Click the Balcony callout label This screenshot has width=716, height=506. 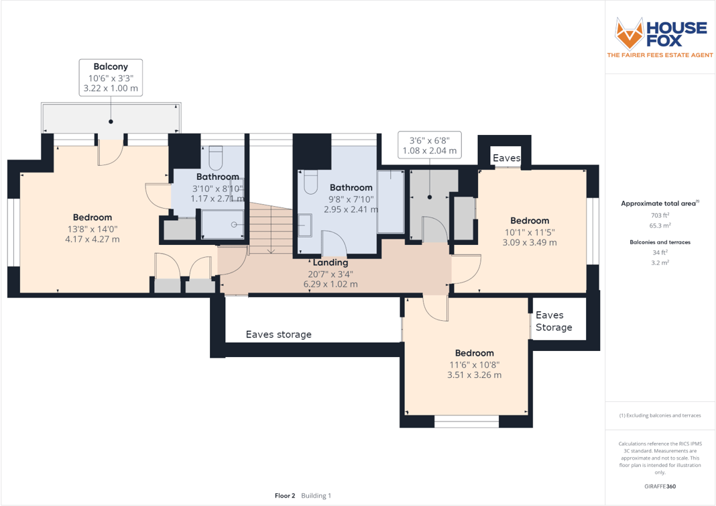pyautogui.click(x=111, y=66)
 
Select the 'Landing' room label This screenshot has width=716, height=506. pyautogui.click(x=329, y=262)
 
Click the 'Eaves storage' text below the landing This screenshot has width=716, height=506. pyautogui.click(x=278, y=334)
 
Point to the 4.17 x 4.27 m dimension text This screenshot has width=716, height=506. pyautogui.click(x=93, y=239)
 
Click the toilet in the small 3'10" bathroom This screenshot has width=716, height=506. pyautogui.click(x=215, y=158)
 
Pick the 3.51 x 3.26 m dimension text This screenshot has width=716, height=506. pyautogui.click(x=474, y=375)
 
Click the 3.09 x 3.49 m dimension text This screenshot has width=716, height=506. pyautogui.click(x=529, y=242)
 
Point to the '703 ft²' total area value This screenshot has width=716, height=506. pyautogui.click(x=659, y=215)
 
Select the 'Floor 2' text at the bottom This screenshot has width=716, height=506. pyautogui.click(x=284, y=496)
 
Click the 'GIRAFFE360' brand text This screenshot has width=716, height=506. pyautogui.click(x=659, y=485)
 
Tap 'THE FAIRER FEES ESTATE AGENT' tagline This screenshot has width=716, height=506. pyautogui.click(x=660, y=55)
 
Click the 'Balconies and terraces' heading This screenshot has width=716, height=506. pyautogui.click(x=660, y=242)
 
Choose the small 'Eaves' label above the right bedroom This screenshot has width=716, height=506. pyautogui.click(x=506, y=158)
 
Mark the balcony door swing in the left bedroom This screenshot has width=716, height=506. pyautogui.click(x=109, y=154)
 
